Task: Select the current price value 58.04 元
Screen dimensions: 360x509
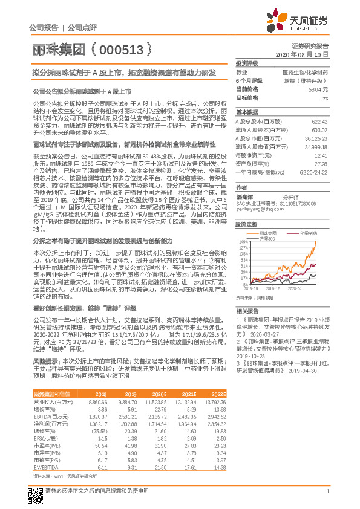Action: [x=319, y=89]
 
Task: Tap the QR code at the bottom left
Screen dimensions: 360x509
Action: [x=36, y=488]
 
